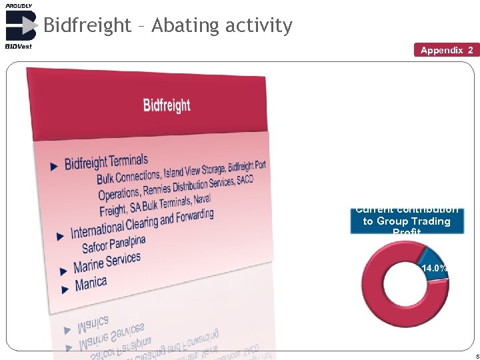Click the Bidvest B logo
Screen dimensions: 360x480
click(x=20, y=25)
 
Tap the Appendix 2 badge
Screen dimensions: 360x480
click(x=447, y=50)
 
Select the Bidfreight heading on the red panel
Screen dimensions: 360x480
click(x=167, y=105)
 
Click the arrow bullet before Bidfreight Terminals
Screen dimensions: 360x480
click(x=55, y=167)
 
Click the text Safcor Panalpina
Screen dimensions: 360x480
click(x=113, y=243)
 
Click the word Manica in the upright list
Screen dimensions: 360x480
click(x=91, y=283)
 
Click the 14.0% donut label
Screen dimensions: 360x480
click(x=434, y=268)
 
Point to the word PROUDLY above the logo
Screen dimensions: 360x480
click(x=19, y=5)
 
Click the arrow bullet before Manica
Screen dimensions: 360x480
click(x=65, y=289)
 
